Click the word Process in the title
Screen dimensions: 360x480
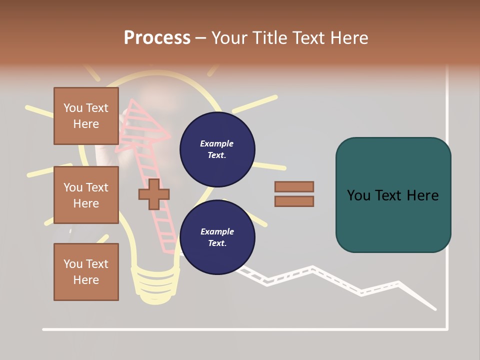157,38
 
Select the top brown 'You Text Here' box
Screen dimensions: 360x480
86,116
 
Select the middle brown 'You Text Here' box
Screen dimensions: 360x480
86,195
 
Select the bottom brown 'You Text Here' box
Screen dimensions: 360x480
86,272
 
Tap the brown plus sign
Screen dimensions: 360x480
154,194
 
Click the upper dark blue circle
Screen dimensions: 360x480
217,149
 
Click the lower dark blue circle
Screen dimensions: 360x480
217,237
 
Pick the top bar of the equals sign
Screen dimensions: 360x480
294,187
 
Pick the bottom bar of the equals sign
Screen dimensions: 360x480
294,201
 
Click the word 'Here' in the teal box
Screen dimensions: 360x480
422,195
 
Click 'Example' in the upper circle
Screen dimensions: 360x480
217,143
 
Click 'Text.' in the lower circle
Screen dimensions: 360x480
217,243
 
